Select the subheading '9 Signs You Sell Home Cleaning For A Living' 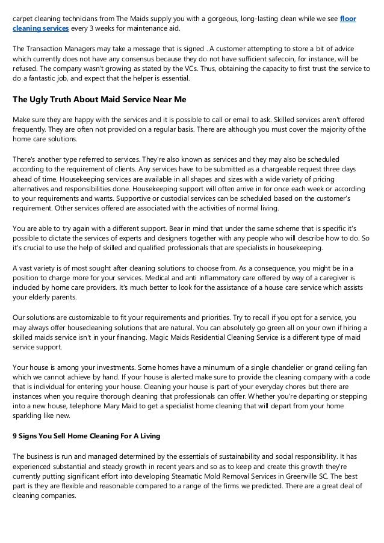(x=86, y=436)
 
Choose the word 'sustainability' (x=228, y=457)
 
